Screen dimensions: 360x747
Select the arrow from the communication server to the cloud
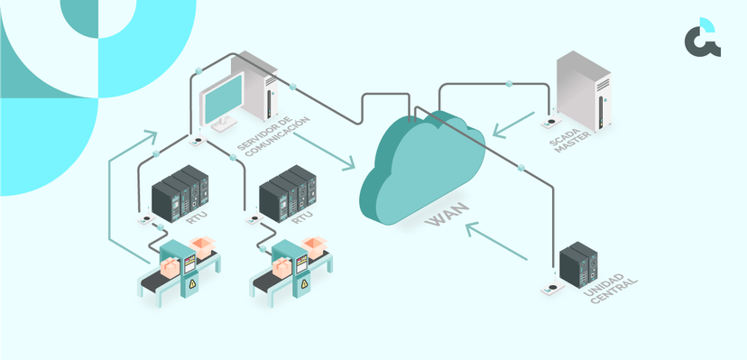pyautogui.click(x=325, y=149)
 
